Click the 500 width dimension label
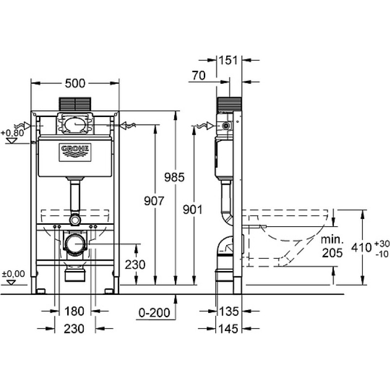point(75,83)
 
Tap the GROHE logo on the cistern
point(75,152)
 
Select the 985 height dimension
point(175,177)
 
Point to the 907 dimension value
point(154,201)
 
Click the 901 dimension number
point(193,210)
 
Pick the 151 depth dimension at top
point(228,60)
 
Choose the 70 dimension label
point(198,76)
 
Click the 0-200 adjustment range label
point(155,312)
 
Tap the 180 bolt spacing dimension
point(75,311)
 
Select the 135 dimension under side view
point(229,311)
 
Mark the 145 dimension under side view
point(228,329)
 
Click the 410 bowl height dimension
point(361,248)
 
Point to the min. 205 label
point(332,247)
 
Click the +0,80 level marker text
point(13,133)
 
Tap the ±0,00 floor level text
point(14,274)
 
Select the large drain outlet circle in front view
point(75,244)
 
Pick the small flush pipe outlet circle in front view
point(75,220)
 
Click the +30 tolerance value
point(382,244)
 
